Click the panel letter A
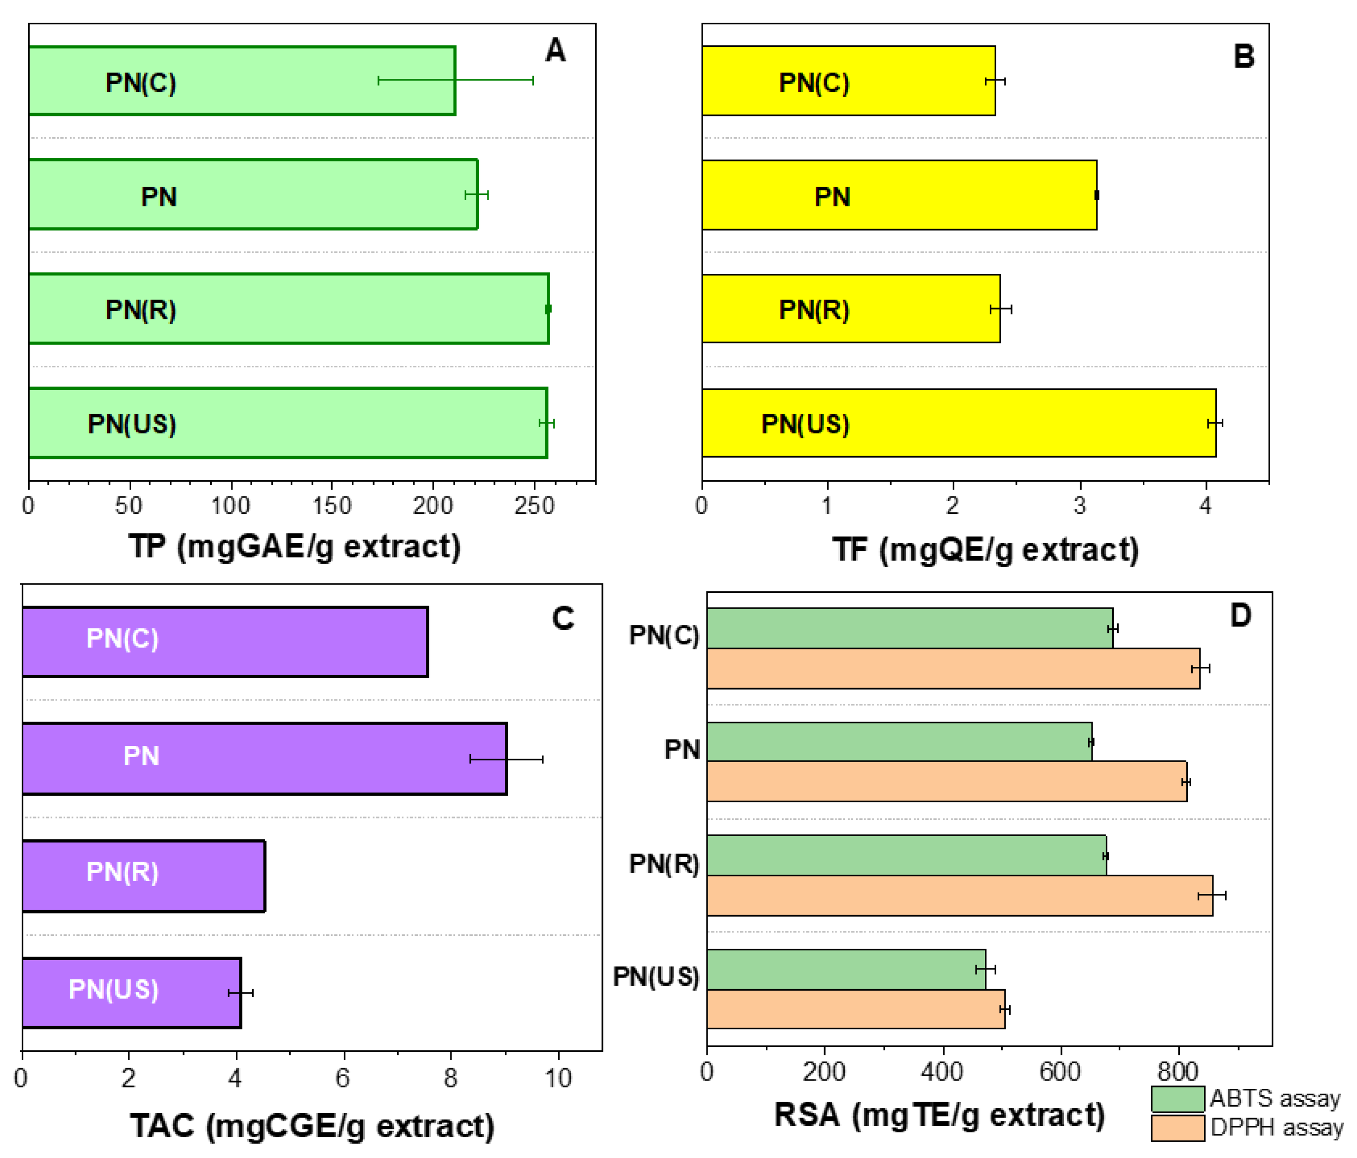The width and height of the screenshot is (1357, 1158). (555, 50)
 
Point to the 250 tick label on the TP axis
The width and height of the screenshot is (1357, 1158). (534, 505)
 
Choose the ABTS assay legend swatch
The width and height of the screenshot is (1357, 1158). (1177, 1098)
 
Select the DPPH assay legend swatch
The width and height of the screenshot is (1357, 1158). (1177, 1128)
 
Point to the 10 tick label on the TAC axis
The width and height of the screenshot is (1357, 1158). (558, 1078)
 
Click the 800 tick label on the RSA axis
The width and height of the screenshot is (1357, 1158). (1177, 1072)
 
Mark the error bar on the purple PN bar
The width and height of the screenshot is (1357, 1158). (506, 759)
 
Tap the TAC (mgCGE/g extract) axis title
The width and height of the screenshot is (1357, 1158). (312, 1126)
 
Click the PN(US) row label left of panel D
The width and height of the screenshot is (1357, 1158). (656, 976)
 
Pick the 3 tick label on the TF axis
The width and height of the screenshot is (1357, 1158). (1079, 505)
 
